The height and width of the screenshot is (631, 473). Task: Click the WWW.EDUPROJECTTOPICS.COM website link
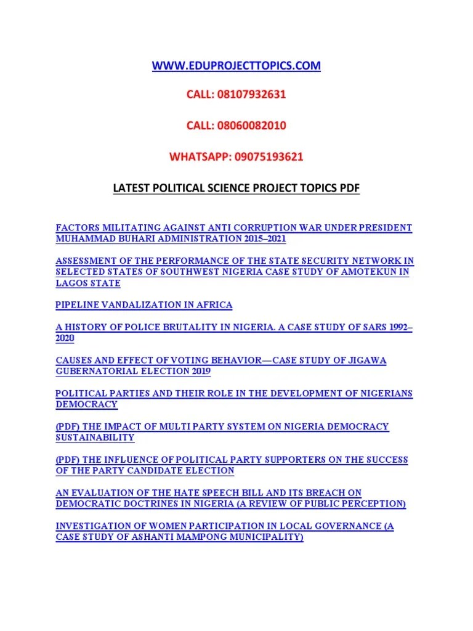[236, 66]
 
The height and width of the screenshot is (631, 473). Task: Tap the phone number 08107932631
[251, 96]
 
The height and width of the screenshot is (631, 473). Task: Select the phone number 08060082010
[251, 126]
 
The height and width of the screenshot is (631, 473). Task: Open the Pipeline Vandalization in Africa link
[144, 305]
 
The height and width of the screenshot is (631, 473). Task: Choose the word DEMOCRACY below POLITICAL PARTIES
[86, 405]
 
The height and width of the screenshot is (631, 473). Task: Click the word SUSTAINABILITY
[95, 438]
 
